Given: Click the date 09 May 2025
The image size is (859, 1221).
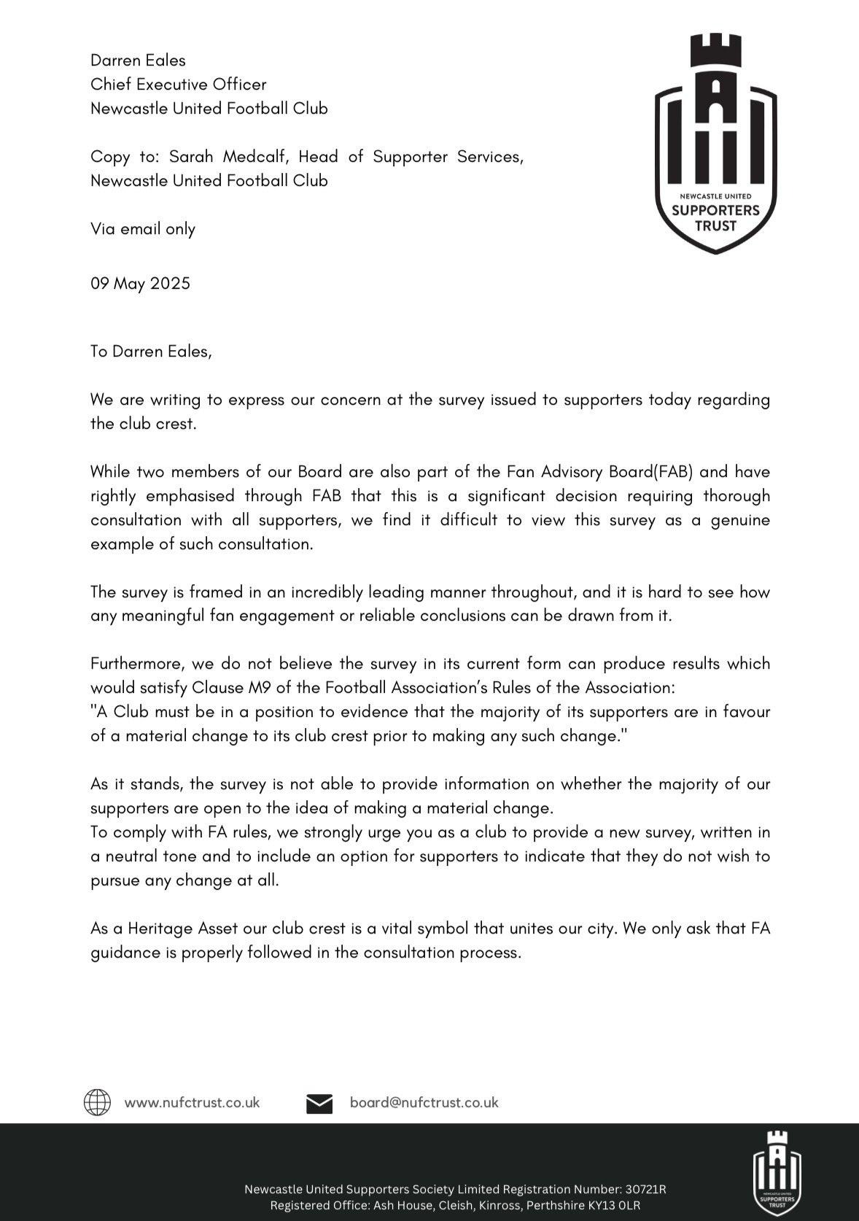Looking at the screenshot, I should pos(140,283).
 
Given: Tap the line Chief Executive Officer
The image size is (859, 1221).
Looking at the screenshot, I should pos(178,85).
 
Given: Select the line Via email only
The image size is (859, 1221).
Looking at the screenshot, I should pos(143,229).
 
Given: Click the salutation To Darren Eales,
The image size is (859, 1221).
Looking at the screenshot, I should pos(151,351).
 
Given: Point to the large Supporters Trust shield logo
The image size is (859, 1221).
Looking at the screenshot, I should pos(715,146).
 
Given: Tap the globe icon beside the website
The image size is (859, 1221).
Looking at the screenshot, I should pos(97,1102).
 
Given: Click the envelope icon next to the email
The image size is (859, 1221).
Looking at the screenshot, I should pos(319,1103).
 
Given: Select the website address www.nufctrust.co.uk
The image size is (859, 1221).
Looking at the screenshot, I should pos(192,1102).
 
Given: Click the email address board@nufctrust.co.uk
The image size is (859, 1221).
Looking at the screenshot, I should pos(424,1102).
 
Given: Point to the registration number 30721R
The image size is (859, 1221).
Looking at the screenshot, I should pos(645,1190).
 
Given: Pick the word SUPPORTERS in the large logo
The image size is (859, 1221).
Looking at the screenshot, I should pos(715,211).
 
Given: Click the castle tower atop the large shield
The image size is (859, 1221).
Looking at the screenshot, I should pos(715,53).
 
